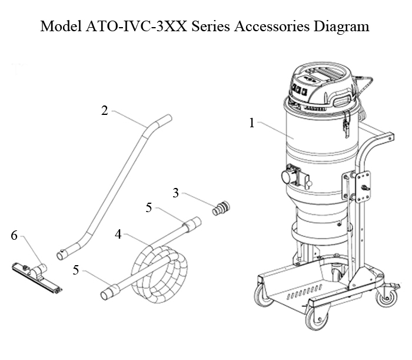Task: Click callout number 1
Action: pos(251,123)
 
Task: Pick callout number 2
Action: pos(104,111)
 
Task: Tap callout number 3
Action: pos(176,193)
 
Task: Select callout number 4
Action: pos(118,234)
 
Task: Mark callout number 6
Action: pos(14,236)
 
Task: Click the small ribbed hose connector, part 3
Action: pos(222,209)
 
